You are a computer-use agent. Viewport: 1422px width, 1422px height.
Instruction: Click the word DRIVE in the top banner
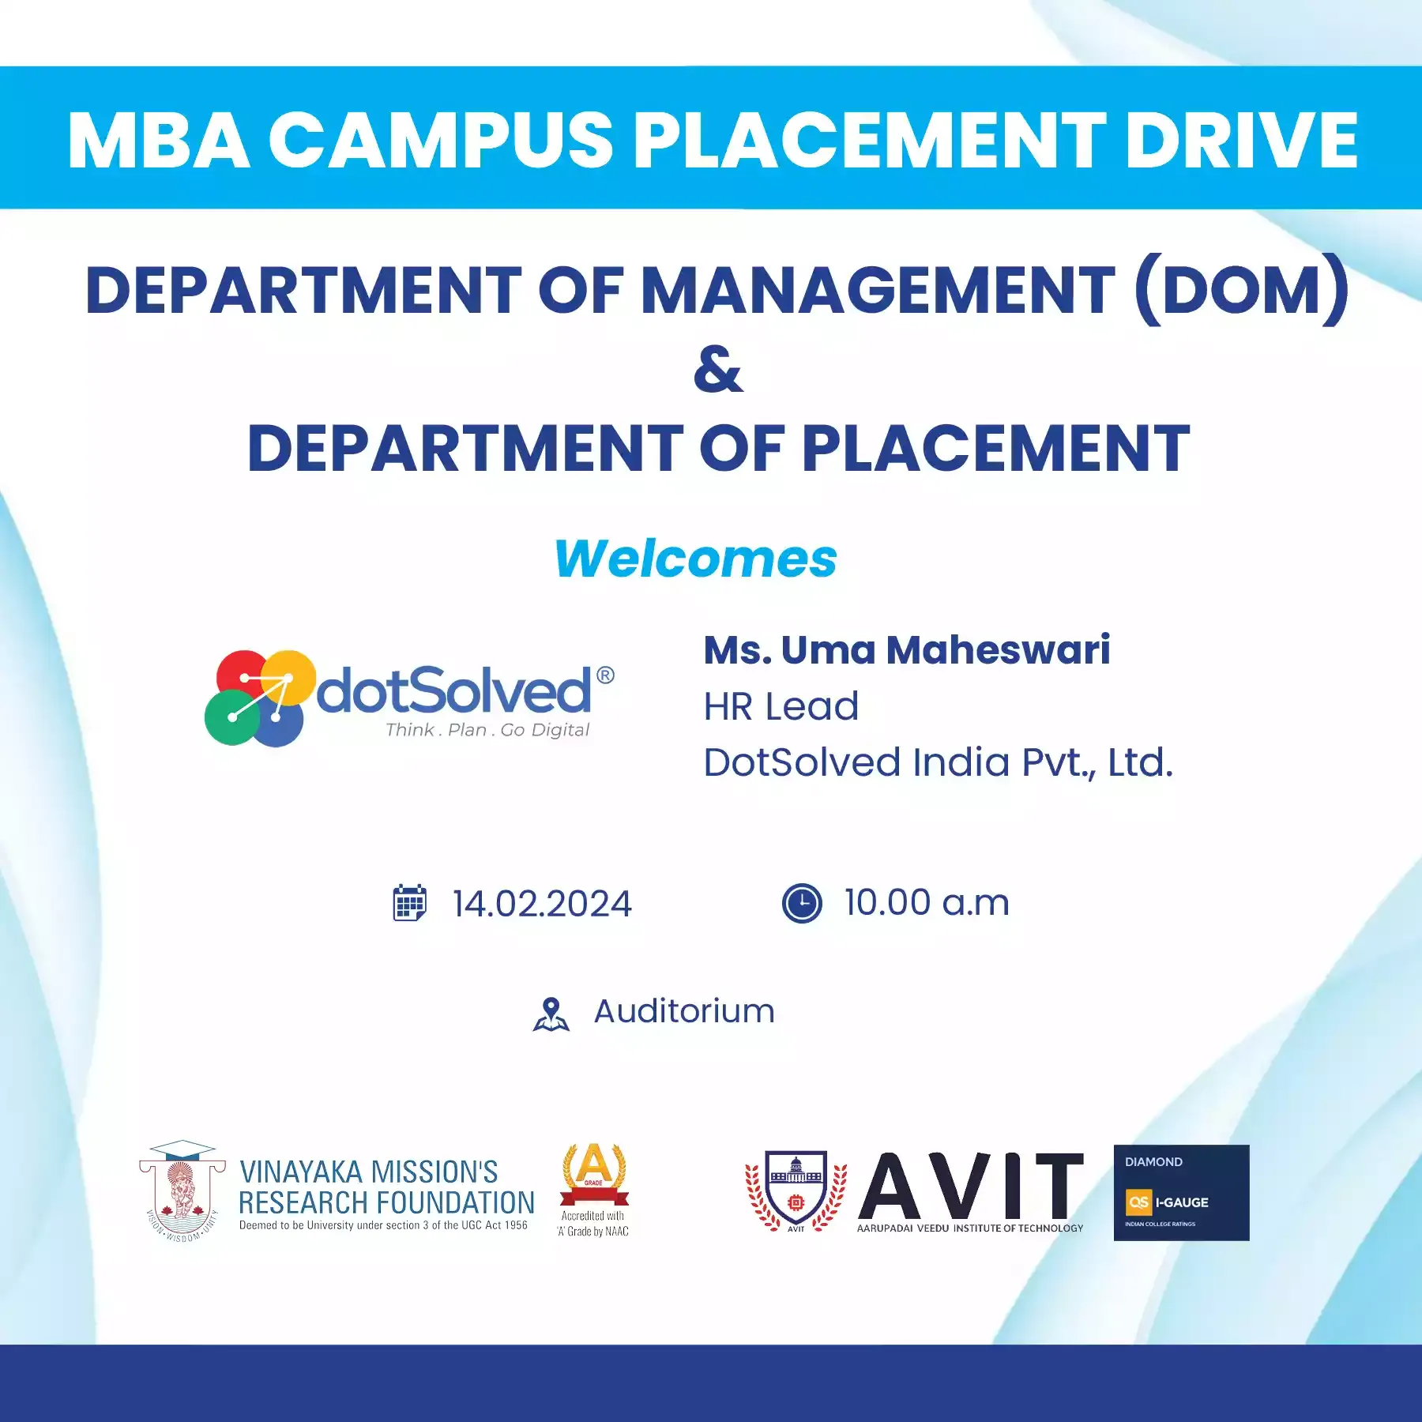[x=1241, y=140]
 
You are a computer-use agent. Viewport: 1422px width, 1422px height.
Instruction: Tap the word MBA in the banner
[x=159, y=140]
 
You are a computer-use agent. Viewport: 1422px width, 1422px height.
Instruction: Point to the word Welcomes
[x=696, y=559]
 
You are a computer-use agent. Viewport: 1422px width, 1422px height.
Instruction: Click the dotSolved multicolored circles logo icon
[x=260, y=698]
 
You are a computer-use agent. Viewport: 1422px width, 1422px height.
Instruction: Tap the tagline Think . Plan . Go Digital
[x=487, y=730]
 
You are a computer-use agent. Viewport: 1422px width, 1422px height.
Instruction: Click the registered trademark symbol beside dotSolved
[x=605, y=675]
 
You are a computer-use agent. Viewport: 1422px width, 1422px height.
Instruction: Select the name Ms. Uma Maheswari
[x=907, y=650]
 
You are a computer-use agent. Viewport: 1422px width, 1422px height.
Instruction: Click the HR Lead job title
[x=781, y=706]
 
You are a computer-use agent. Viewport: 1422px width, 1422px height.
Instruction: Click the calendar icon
[x=409, y=902]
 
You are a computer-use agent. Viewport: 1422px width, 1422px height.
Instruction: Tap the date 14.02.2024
[x=542, y=904]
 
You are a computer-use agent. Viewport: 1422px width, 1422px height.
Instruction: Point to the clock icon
[x=802, y=903]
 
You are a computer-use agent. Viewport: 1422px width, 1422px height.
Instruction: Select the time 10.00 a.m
[x=927, y=902]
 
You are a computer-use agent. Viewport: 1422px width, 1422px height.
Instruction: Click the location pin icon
[x=551, y=1014]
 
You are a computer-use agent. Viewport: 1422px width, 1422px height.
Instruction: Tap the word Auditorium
[x=684, y=1012]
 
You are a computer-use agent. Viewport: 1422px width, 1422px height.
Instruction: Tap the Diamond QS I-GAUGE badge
[x=1181, y=1193]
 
